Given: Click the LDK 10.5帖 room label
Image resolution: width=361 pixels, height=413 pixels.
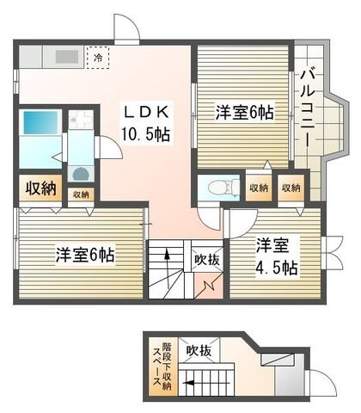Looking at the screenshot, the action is point(146,123).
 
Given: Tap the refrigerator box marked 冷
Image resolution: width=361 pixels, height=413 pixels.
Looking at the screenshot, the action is point(98,58).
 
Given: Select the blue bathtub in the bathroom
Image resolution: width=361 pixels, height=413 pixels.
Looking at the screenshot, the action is point(40,122).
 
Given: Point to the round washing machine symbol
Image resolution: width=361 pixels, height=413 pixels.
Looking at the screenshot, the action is point(80,174).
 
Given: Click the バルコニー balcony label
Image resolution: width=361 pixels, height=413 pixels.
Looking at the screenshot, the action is point(308,109).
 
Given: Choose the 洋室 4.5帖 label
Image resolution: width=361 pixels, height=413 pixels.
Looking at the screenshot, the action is point(277,256).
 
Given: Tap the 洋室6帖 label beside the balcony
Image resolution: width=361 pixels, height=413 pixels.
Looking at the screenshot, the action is point(245,113).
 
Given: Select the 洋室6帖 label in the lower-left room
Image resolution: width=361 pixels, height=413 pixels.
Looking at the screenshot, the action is point(85,254).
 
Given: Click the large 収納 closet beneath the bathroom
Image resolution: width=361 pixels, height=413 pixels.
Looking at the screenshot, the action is point(40,188).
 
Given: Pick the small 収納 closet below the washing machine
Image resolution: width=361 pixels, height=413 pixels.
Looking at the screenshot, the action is point(81,194).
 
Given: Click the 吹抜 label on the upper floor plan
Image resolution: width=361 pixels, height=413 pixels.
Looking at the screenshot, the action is point(207,260).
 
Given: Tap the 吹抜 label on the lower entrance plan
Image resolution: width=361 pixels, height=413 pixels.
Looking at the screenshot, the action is point(199,350).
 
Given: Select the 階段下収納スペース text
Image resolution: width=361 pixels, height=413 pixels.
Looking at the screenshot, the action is point(162,367).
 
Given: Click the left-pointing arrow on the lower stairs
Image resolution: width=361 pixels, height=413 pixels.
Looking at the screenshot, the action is point(207,383).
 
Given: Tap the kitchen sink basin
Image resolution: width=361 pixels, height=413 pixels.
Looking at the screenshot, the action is point(67,57).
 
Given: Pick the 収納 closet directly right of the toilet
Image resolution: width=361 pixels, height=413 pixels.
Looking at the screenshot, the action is point(259,188).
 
